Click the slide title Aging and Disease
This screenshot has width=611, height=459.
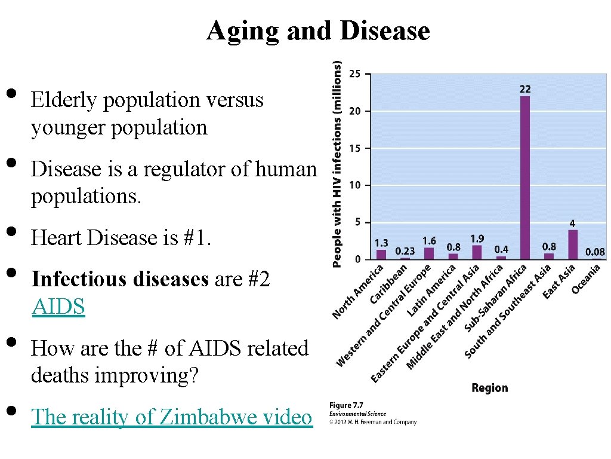click(x=317, y=31)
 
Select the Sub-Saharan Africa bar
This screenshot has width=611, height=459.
click(x=525, y=178)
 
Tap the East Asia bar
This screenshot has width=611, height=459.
click(x=573, y=244)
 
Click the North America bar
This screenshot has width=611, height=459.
click(x=381, y=255)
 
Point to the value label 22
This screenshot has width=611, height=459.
click(x=525, y=89)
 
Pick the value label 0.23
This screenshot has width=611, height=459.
click(x=405, y=252)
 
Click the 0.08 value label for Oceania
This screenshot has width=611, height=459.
click(x=594, y=252)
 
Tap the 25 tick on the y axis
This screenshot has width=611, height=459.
click(x=354, y=74)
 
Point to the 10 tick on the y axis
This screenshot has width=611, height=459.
click(x=354, y=185)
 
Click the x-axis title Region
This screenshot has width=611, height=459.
click(x=489, y=388)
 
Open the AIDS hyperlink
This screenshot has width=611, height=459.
click(x=58, y=307)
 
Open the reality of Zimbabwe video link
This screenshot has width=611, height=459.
click(x=171, y=417)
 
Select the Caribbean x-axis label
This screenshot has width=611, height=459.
click(x=389, y=284)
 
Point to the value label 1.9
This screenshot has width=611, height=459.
click(x=477, y=238)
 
